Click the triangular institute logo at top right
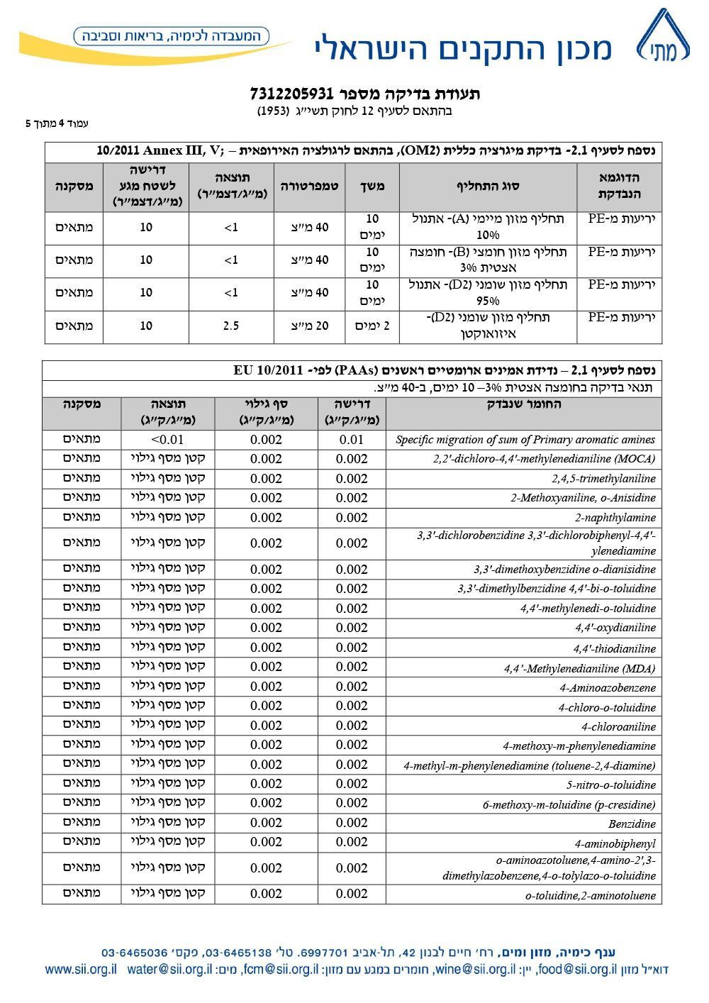pos(662,40)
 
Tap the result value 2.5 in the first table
pos(231,326)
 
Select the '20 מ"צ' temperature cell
pos(311,326)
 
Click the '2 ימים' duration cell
pos(372,326)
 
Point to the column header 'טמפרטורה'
pos(309,187)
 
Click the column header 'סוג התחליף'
pos(488,187)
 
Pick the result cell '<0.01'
pos(167,440)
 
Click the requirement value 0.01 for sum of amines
pos(352,440)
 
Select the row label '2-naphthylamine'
pos(615,518)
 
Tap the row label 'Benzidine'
pos(632,824)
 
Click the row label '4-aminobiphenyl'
pos(615,844)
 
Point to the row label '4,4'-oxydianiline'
pos(615,628)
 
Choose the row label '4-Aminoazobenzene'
pos(607,688)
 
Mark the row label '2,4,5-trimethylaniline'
pos(603,479)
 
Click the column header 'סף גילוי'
pos(266,411)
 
